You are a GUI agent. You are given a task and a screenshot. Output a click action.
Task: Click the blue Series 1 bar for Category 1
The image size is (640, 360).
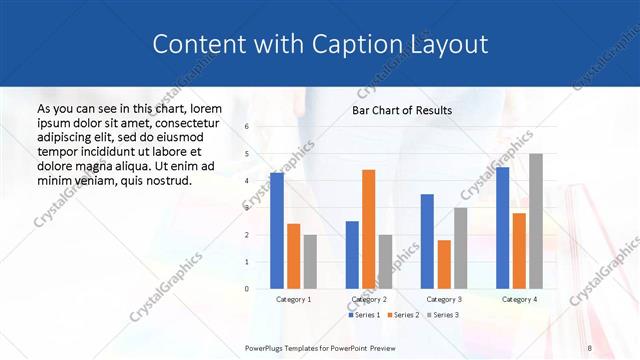click(277, 231)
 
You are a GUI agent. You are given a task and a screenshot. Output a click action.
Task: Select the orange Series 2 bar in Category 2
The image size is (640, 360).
click(368, 229)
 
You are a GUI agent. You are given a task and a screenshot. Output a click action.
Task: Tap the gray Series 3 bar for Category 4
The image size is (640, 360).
click(536, 221)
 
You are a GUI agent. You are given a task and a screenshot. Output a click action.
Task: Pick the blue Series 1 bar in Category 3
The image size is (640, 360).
click(427, 241)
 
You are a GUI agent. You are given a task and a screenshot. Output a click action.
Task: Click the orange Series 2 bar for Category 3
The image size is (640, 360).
click(443, 264)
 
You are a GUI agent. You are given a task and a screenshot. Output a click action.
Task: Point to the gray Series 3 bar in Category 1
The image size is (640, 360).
click(310, 262)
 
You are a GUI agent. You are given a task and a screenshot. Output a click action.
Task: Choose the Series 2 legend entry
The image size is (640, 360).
click(402, 315)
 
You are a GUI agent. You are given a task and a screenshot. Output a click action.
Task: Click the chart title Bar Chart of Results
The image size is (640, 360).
click(402, 110)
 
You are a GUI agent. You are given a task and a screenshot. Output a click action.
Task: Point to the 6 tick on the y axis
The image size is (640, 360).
click(247, 127)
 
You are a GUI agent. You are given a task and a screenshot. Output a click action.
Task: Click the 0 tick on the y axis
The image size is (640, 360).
click(247, 289)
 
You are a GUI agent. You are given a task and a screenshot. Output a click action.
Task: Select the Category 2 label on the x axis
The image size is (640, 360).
click(369, 299)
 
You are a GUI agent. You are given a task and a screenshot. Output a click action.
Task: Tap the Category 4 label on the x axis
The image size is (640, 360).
click(519, 299)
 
